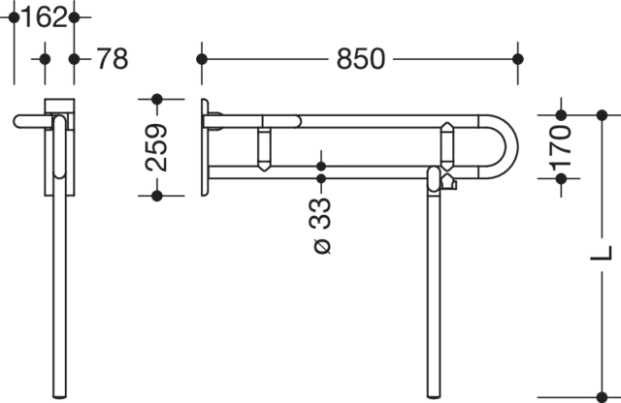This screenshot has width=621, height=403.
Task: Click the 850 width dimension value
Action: click(360, 59)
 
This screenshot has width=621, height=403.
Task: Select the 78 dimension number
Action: click(112, 59)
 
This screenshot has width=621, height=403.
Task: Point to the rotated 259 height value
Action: click(155, 147)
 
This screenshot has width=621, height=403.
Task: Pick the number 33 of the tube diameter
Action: click(321, 210)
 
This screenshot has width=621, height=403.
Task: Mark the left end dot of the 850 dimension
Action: click(202, 59)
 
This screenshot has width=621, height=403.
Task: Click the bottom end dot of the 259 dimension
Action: click(155, 195)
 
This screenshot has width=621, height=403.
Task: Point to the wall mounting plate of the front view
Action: click(201, 145)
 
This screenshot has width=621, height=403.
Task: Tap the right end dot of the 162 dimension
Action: click(76, 17)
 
